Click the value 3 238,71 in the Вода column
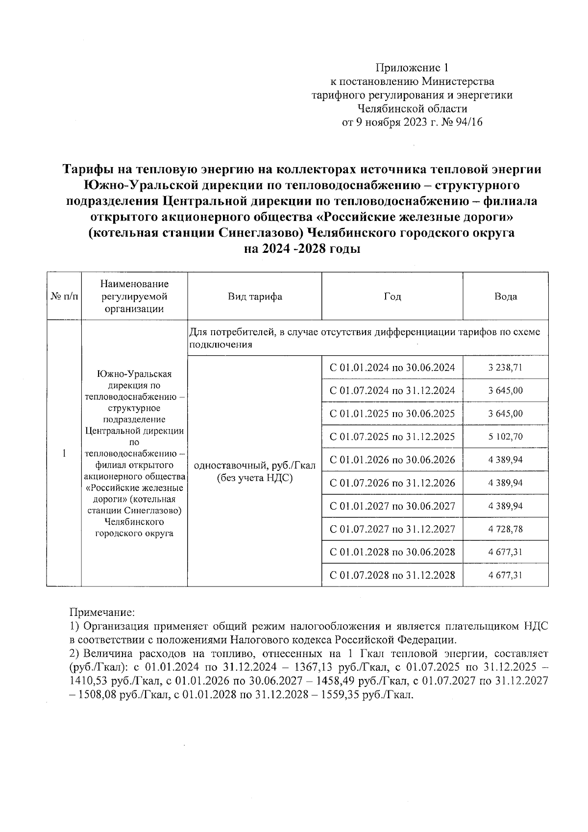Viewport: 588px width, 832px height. click(505, 367)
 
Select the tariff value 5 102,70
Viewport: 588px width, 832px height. click(505, 437)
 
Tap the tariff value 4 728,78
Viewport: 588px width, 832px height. click(505, 529)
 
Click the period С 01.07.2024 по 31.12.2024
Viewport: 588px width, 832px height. click(392, 391)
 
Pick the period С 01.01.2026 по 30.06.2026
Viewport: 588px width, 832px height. click(392, 460)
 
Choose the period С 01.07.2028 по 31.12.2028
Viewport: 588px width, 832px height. click(392, 575)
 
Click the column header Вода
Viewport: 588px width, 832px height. click(505, 296)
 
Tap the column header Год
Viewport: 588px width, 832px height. click(392, 296)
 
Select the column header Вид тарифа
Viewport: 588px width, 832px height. click(254, 296)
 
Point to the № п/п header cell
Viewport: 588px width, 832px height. click(64, 296)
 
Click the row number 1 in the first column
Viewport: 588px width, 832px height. click(64, 453)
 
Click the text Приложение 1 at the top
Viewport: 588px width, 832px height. click(412, 68)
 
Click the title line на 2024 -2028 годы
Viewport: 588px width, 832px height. click(302, 249)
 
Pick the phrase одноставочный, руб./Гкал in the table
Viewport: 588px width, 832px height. click(255, 465)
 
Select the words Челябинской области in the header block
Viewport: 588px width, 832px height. click(412, 108)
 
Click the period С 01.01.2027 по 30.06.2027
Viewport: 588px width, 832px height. click(392, 506)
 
